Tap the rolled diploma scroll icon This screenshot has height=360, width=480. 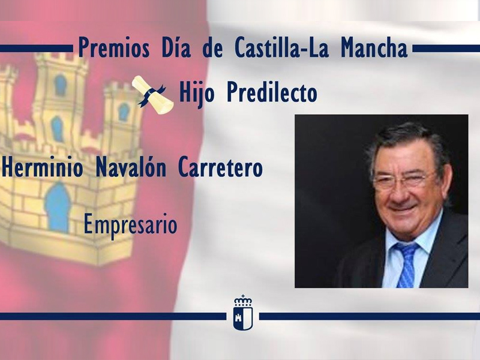point(154,94)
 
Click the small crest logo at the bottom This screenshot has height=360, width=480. point(242,312)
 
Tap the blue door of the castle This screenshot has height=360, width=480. point(58,208)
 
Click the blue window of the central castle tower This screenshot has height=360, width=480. point(61,85)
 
